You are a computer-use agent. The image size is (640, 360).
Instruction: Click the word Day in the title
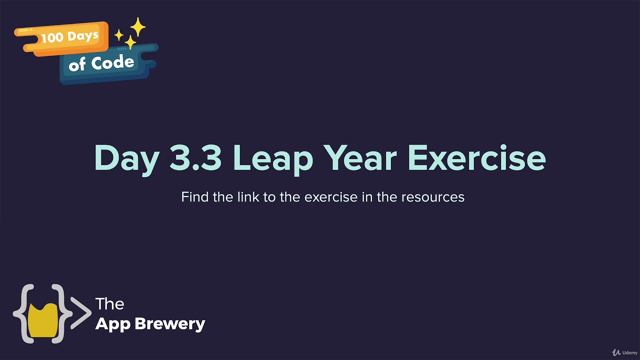(126, 158)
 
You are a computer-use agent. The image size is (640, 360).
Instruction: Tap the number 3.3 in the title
(195, 157)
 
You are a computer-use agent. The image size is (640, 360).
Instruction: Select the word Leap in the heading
(273, 158)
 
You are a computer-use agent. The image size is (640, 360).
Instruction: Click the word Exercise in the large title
(476, 157)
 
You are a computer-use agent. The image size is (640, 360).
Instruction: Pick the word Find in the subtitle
(195, 197)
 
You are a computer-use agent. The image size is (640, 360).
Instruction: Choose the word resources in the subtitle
(432, 197)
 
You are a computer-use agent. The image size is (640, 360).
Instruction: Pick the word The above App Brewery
(109, 303)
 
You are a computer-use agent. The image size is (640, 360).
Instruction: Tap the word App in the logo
(113, 324)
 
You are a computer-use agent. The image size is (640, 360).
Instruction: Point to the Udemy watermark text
(629, 353)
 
